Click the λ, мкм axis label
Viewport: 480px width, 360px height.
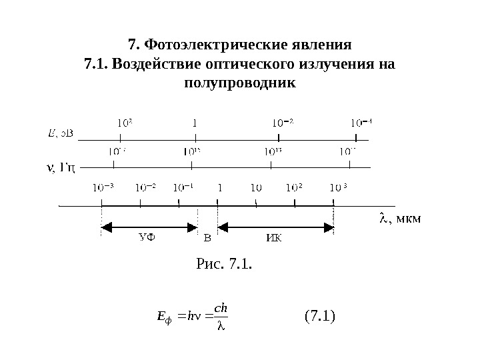400,218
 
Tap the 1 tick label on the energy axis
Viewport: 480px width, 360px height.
194,123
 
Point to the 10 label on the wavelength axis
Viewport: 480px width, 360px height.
256,188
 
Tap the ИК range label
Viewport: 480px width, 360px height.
274,238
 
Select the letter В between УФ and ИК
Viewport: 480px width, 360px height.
207,238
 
